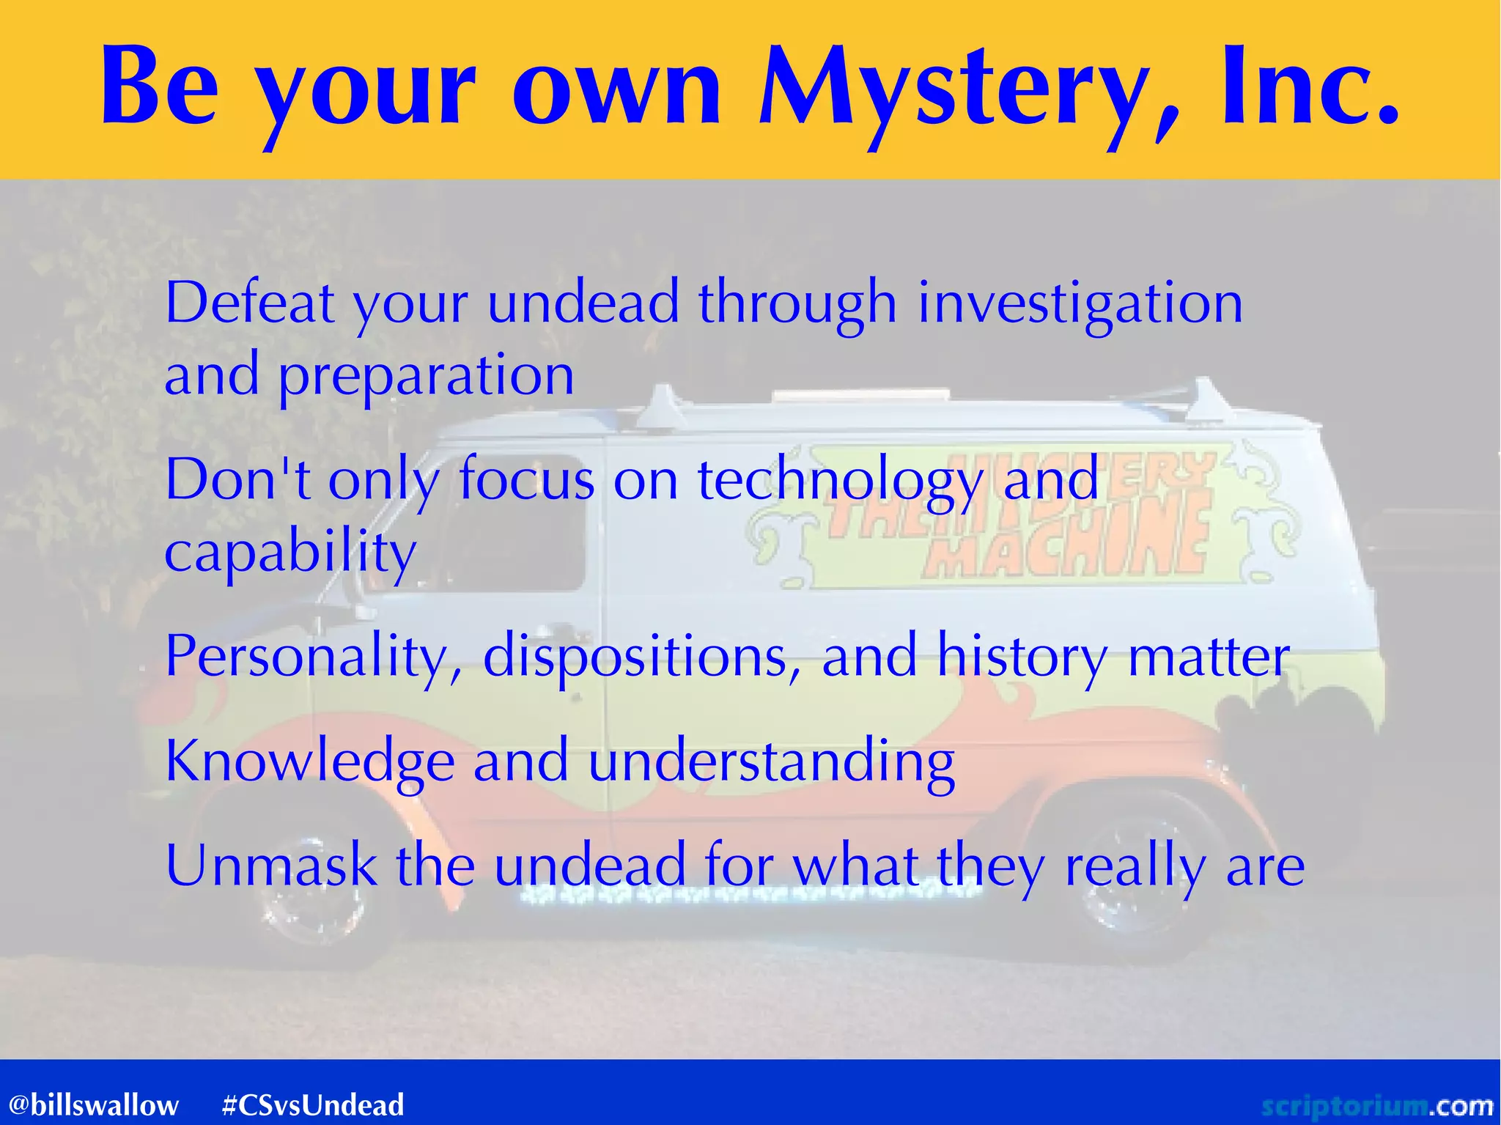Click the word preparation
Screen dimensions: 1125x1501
(426, 375)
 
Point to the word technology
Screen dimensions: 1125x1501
(840, 481)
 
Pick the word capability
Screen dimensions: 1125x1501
(290, 553)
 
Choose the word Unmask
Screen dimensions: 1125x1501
(271, 866)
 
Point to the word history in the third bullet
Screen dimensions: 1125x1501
(1022, 657)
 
